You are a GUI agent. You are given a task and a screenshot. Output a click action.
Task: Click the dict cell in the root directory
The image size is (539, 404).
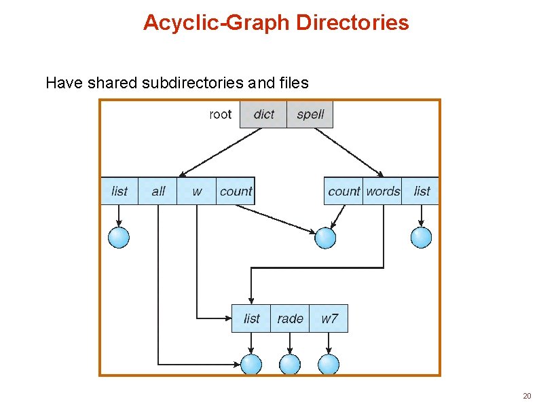263,114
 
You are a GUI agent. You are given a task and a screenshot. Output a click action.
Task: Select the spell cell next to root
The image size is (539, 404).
310,114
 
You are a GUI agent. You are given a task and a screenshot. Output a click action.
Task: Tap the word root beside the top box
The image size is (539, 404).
220,114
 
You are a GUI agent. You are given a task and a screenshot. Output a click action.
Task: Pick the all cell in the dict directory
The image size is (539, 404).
158,191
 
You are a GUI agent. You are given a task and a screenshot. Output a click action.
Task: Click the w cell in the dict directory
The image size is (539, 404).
197,191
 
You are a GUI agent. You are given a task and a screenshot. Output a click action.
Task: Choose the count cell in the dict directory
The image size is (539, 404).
236,191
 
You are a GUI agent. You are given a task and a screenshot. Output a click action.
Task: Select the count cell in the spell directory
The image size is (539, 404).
344,191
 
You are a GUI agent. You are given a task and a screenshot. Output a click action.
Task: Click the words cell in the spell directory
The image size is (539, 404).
383,191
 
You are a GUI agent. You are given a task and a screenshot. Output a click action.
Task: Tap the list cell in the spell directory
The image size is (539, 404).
422,191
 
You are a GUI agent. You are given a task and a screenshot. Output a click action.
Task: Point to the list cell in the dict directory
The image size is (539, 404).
119,191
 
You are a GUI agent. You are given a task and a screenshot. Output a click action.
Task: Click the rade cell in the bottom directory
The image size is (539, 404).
290,318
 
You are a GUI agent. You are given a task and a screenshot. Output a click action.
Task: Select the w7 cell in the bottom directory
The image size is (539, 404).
329,318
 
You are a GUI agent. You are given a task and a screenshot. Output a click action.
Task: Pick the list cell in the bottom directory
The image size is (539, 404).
251,318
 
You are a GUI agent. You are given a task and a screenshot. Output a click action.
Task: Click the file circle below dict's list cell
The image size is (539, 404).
119,237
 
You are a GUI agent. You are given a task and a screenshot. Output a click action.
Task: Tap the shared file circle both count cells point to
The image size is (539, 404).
326,238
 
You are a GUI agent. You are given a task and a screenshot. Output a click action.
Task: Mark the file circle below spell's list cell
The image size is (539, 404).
422,237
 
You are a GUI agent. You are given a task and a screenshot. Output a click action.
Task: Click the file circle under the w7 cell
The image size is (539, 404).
329,364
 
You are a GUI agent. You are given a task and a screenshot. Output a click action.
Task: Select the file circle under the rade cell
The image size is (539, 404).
290,364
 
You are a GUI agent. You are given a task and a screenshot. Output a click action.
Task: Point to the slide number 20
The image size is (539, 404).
527,396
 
